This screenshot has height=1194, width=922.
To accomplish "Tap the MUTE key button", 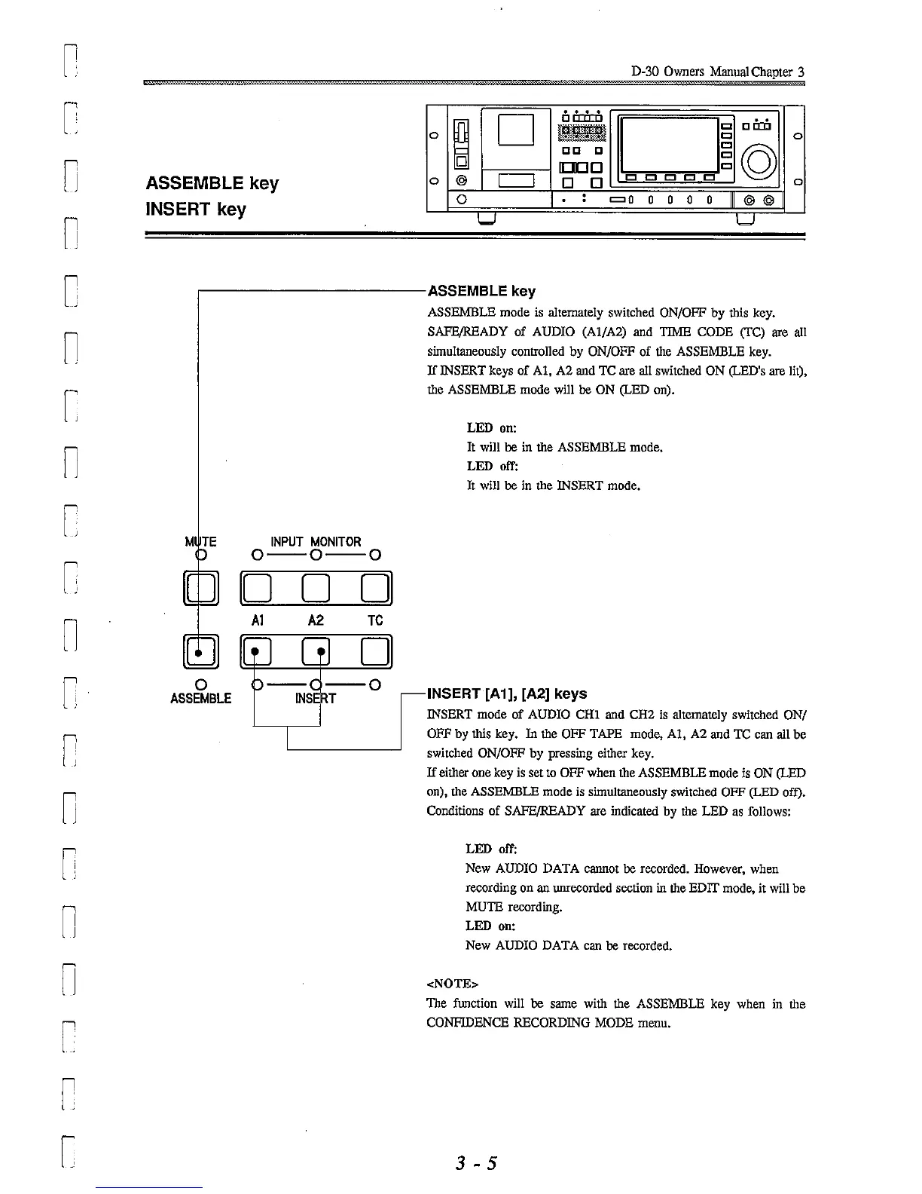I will [200, 589].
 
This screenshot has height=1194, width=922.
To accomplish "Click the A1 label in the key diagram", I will [257, 620].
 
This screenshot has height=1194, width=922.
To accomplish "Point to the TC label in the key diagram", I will [375, 620].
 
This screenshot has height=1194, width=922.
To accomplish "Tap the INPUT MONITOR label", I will [316, 541].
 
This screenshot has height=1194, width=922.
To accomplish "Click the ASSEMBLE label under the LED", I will [201, 698].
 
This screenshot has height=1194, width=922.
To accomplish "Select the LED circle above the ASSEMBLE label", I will [201, 684].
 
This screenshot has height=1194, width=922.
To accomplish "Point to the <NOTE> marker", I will [452, 984].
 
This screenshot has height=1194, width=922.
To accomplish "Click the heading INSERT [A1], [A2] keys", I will [506, 693].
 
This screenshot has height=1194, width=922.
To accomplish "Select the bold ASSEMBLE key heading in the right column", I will [481, 291].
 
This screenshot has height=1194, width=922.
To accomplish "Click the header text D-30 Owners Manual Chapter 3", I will [718, 72].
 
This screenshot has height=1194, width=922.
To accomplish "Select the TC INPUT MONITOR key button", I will [377, 589].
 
